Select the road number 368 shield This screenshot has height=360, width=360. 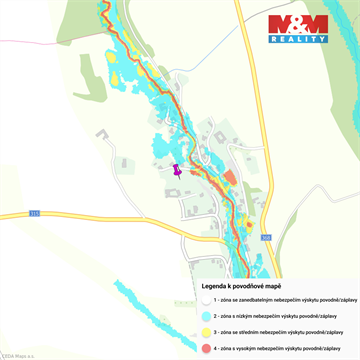pos(266,237)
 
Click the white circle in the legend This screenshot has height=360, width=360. pos(205,298)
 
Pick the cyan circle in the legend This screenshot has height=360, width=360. pos(205,315)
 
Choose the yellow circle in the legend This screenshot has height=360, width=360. pos(205,331)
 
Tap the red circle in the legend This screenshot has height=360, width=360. pos(205,347)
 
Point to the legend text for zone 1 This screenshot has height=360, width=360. pos(279,298)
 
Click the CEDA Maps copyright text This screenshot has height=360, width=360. pos(17,355)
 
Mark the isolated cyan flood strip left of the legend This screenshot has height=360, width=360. pos(150,300)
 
